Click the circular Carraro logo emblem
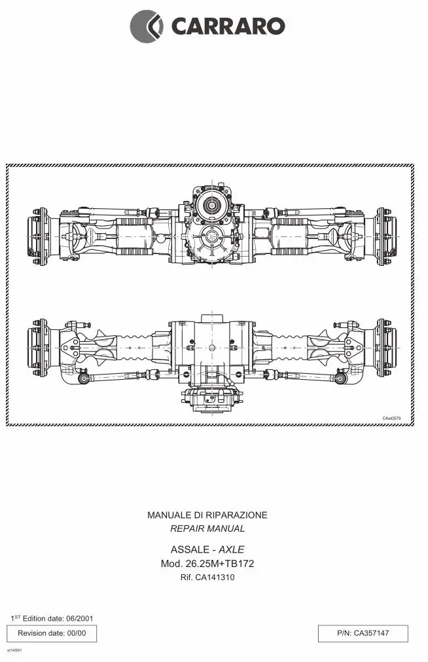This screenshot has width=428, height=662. click(x=146, y=26)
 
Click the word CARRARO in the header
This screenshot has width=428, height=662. click(x=228, y=26)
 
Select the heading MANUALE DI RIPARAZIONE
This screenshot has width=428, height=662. click(x=207, y=515)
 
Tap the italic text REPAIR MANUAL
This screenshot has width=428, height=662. click(x=207, y=528)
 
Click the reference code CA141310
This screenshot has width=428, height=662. click(x=215, y=578)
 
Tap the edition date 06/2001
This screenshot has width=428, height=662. click(x=79, y=619)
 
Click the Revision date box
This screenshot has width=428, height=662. click(x=52, y=633)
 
